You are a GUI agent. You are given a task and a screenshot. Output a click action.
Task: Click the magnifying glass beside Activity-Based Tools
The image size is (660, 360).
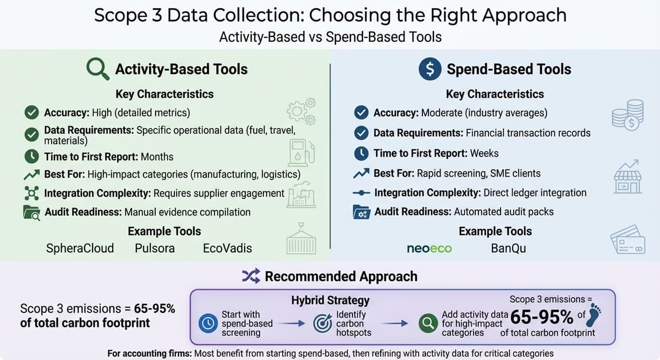(x=98, y=69)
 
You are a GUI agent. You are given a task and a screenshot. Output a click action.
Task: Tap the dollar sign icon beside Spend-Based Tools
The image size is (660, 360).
(x=430, y=69)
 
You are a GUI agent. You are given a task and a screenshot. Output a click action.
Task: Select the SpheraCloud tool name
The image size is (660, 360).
(x=80, y=248)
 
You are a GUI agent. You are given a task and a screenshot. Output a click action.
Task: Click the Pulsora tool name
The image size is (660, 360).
(x=155, y=248)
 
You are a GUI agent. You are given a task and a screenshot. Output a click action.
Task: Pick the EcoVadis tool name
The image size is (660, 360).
(x=227, y=248)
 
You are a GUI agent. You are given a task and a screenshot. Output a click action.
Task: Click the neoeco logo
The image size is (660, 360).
(x=430, y=248)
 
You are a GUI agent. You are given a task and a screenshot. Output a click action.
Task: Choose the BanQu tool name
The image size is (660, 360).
(x=508, y=248)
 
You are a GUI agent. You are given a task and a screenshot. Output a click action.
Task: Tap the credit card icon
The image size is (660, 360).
(x=628, y=240)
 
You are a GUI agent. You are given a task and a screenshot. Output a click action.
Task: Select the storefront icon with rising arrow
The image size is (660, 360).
(x=628, y=176)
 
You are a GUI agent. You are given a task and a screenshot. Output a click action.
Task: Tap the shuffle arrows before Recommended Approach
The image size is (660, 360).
(x=251, y=276)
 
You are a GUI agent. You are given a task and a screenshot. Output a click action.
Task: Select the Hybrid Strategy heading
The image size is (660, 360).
(x=330, y=301)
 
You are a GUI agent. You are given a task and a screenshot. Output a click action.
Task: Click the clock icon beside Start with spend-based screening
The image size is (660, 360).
(x=208, y=324)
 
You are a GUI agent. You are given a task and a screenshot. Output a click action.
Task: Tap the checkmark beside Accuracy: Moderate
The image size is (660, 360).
(x=361, y=113)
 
